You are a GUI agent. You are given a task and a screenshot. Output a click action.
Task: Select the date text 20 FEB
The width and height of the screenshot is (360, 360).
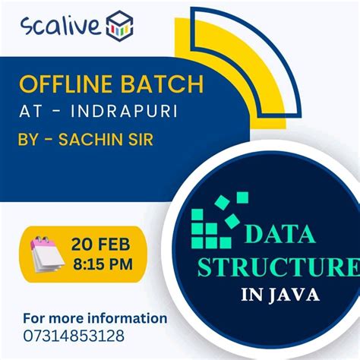click(x=103, y=245)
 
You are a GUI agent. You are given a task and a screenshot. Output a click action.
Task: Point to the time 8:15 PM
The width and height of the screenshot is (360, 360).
click(x=103, y=264)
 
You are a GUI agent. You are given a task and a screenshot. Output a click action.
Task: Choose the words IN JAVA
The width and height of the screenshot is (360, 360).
click(x=276, y=294)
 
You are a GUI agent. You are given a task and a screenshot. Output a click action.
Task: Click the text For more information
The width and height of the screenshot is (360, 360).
click(x=95, y=317)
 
